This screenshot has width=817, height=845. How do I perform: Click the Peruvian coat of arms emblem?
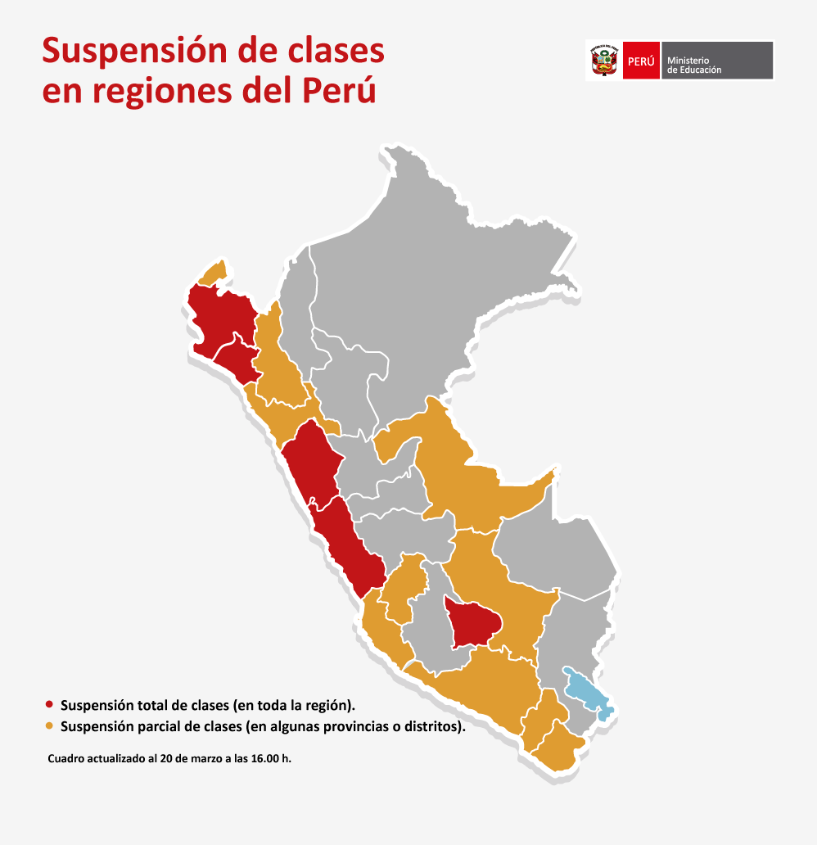[x=603, y=61]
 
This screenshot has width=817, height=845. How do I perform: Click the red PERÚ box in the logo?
[x=641, y=61]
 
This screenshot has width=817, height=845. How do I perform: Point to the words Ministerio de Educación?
[x=694, y=66]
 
